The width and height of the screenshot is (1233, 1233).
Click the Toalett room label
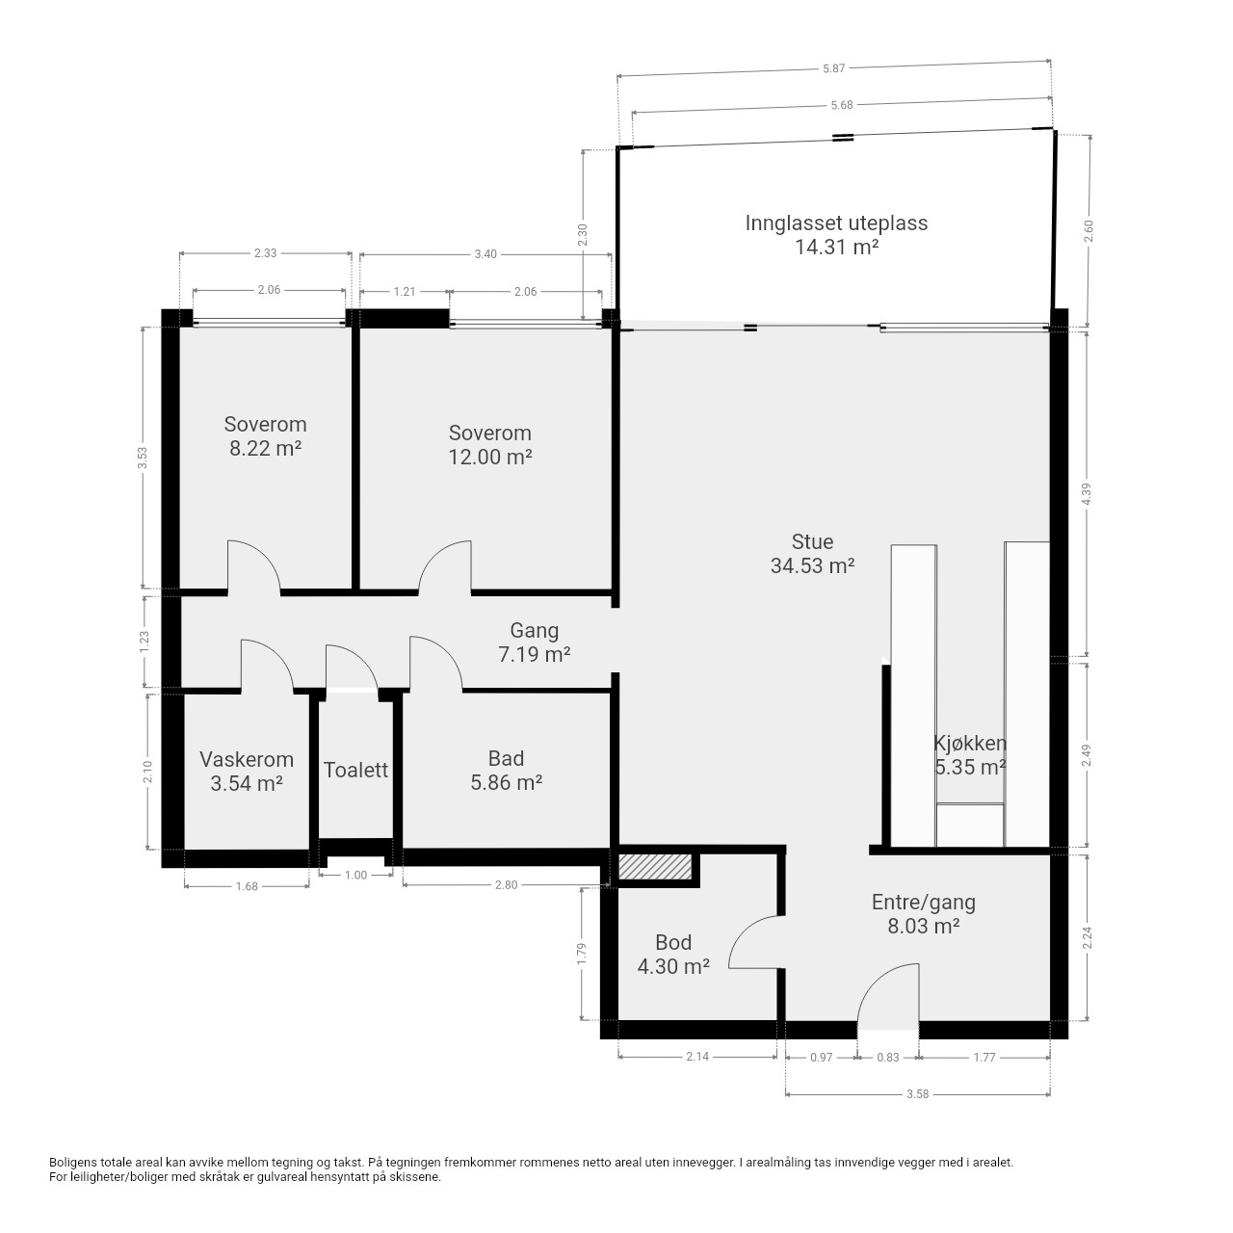[355, 770]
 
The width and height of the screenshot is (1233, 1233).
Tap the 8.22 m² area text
[266, 448]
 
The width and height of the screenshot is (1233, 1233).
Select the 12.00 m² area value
[490, 457]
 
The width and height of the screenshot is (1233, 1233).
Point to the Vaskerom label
[247, 759]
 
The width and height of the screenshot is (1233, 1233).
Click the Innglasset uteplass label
[836, 223]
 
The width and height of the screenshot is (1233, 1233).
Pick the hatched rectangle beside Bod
[655, 867]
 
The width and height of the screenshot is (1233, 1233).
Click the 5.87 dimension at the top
[834, 68]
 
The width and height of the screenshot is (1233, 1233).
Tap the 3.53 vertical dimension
[143, 458]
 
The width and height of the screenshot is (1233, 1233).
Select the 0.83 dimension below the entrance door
[888, 1058]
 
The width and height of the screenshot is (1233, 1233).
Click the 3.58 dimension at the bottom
[918, 1094]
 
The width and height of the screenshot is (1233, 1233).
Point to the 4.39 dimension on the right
[1087, 494]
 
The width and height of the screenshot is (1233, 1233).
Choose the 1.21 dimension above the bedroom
[405, 292]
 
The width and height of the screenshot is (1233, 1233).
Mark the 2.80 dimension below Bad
[506, 885]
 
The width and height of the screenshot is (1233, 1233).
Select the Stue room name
[813, 542]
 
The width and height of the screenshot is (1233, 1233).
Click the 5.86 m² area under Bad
[506, 782]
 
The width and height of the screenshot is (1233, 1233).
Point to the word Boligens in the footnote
[73, 1163]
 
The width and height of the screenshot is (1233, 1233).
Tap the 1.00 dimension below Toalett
[355, 876]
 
